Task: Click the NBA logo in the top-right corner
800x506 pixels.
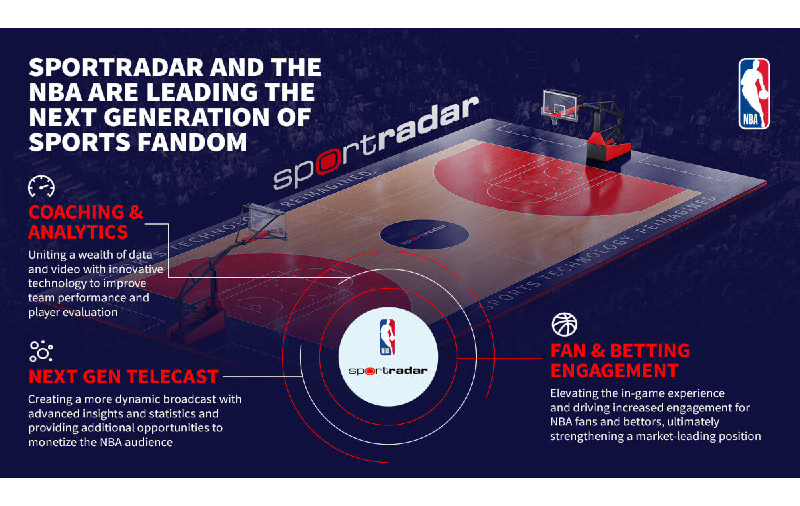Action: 754,93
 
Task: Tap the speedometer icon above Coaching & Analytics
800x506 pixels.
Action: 41,186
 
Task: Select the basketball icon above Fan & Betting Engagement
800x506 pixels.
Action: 564,324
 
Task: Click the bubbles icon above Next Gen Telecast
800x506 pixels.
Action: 41,351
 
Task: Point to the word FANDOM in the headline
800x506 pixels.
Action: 192,142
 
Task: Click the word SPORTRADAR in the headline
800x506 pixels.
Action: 117,67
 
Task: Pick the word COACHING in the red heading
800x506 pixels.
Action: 76,212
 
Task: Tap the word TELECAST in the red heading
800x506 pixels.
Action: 172,377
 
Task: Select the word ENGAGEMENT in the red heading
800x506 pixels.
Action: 614,371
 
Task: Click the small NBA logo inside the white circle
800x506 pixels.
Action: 387,337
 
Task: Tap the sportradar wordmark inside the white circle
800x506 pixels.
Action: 388,371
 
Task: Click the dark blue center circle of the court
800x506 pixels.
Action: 424,234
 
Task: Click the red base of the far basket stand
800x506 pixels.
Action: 607,147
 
